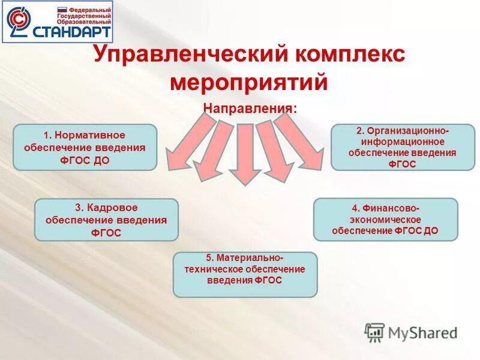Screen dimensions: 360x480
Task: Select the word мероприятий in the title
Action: tap(248, 82)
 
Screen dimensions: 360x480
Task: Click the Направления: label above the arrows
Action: tap(250, 109)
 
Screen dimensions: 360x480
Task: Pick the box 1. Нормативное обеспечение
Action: tap(85, 147)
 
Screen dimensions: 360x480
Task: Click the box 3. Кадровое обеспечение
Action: tap(106, 220)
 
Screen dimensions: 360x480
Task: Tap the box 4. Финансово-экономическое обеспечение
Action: tap(385, 220)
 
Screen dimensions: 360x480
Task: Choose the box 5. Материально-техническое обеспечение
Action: tap(245, 274)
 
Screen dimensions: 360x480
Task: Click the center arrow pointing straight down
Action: tap(244, 154)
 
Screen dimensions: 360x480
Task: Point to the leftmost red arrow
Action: tap(185, 143)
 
